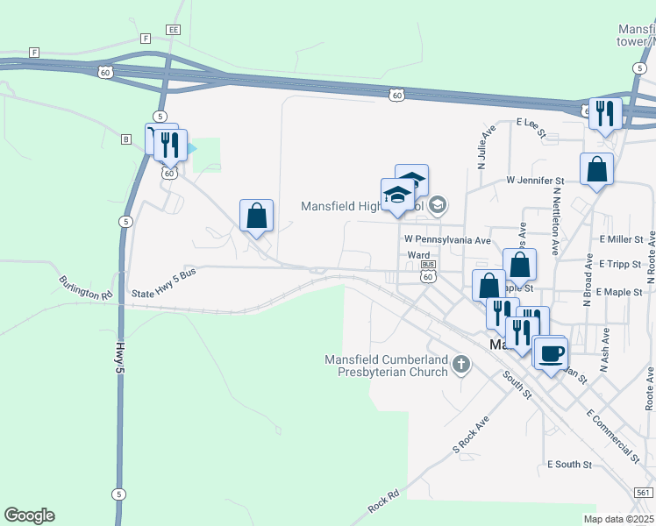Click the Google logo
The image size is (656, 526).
pos(29,515)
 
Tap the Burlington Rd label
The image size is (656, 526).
pos(86,288)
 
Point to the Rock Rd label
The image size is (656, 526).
pos(384,501)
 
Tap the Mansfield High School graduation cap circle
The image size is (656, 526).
pos(439,207)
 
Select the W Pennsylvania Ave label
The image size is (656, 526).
pos(446,239)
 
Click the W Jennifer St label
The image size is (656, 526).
pos(535,181)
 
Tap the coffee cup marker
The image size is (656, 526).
pos(551,353)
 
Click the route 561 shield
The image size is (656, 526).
pos(645,493)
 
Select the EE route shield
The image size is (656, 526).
pos(174,30)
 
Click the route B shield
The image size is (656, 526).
pos(126,139)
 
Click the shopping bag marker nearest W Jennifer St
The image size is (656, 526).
pos(596,168)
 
